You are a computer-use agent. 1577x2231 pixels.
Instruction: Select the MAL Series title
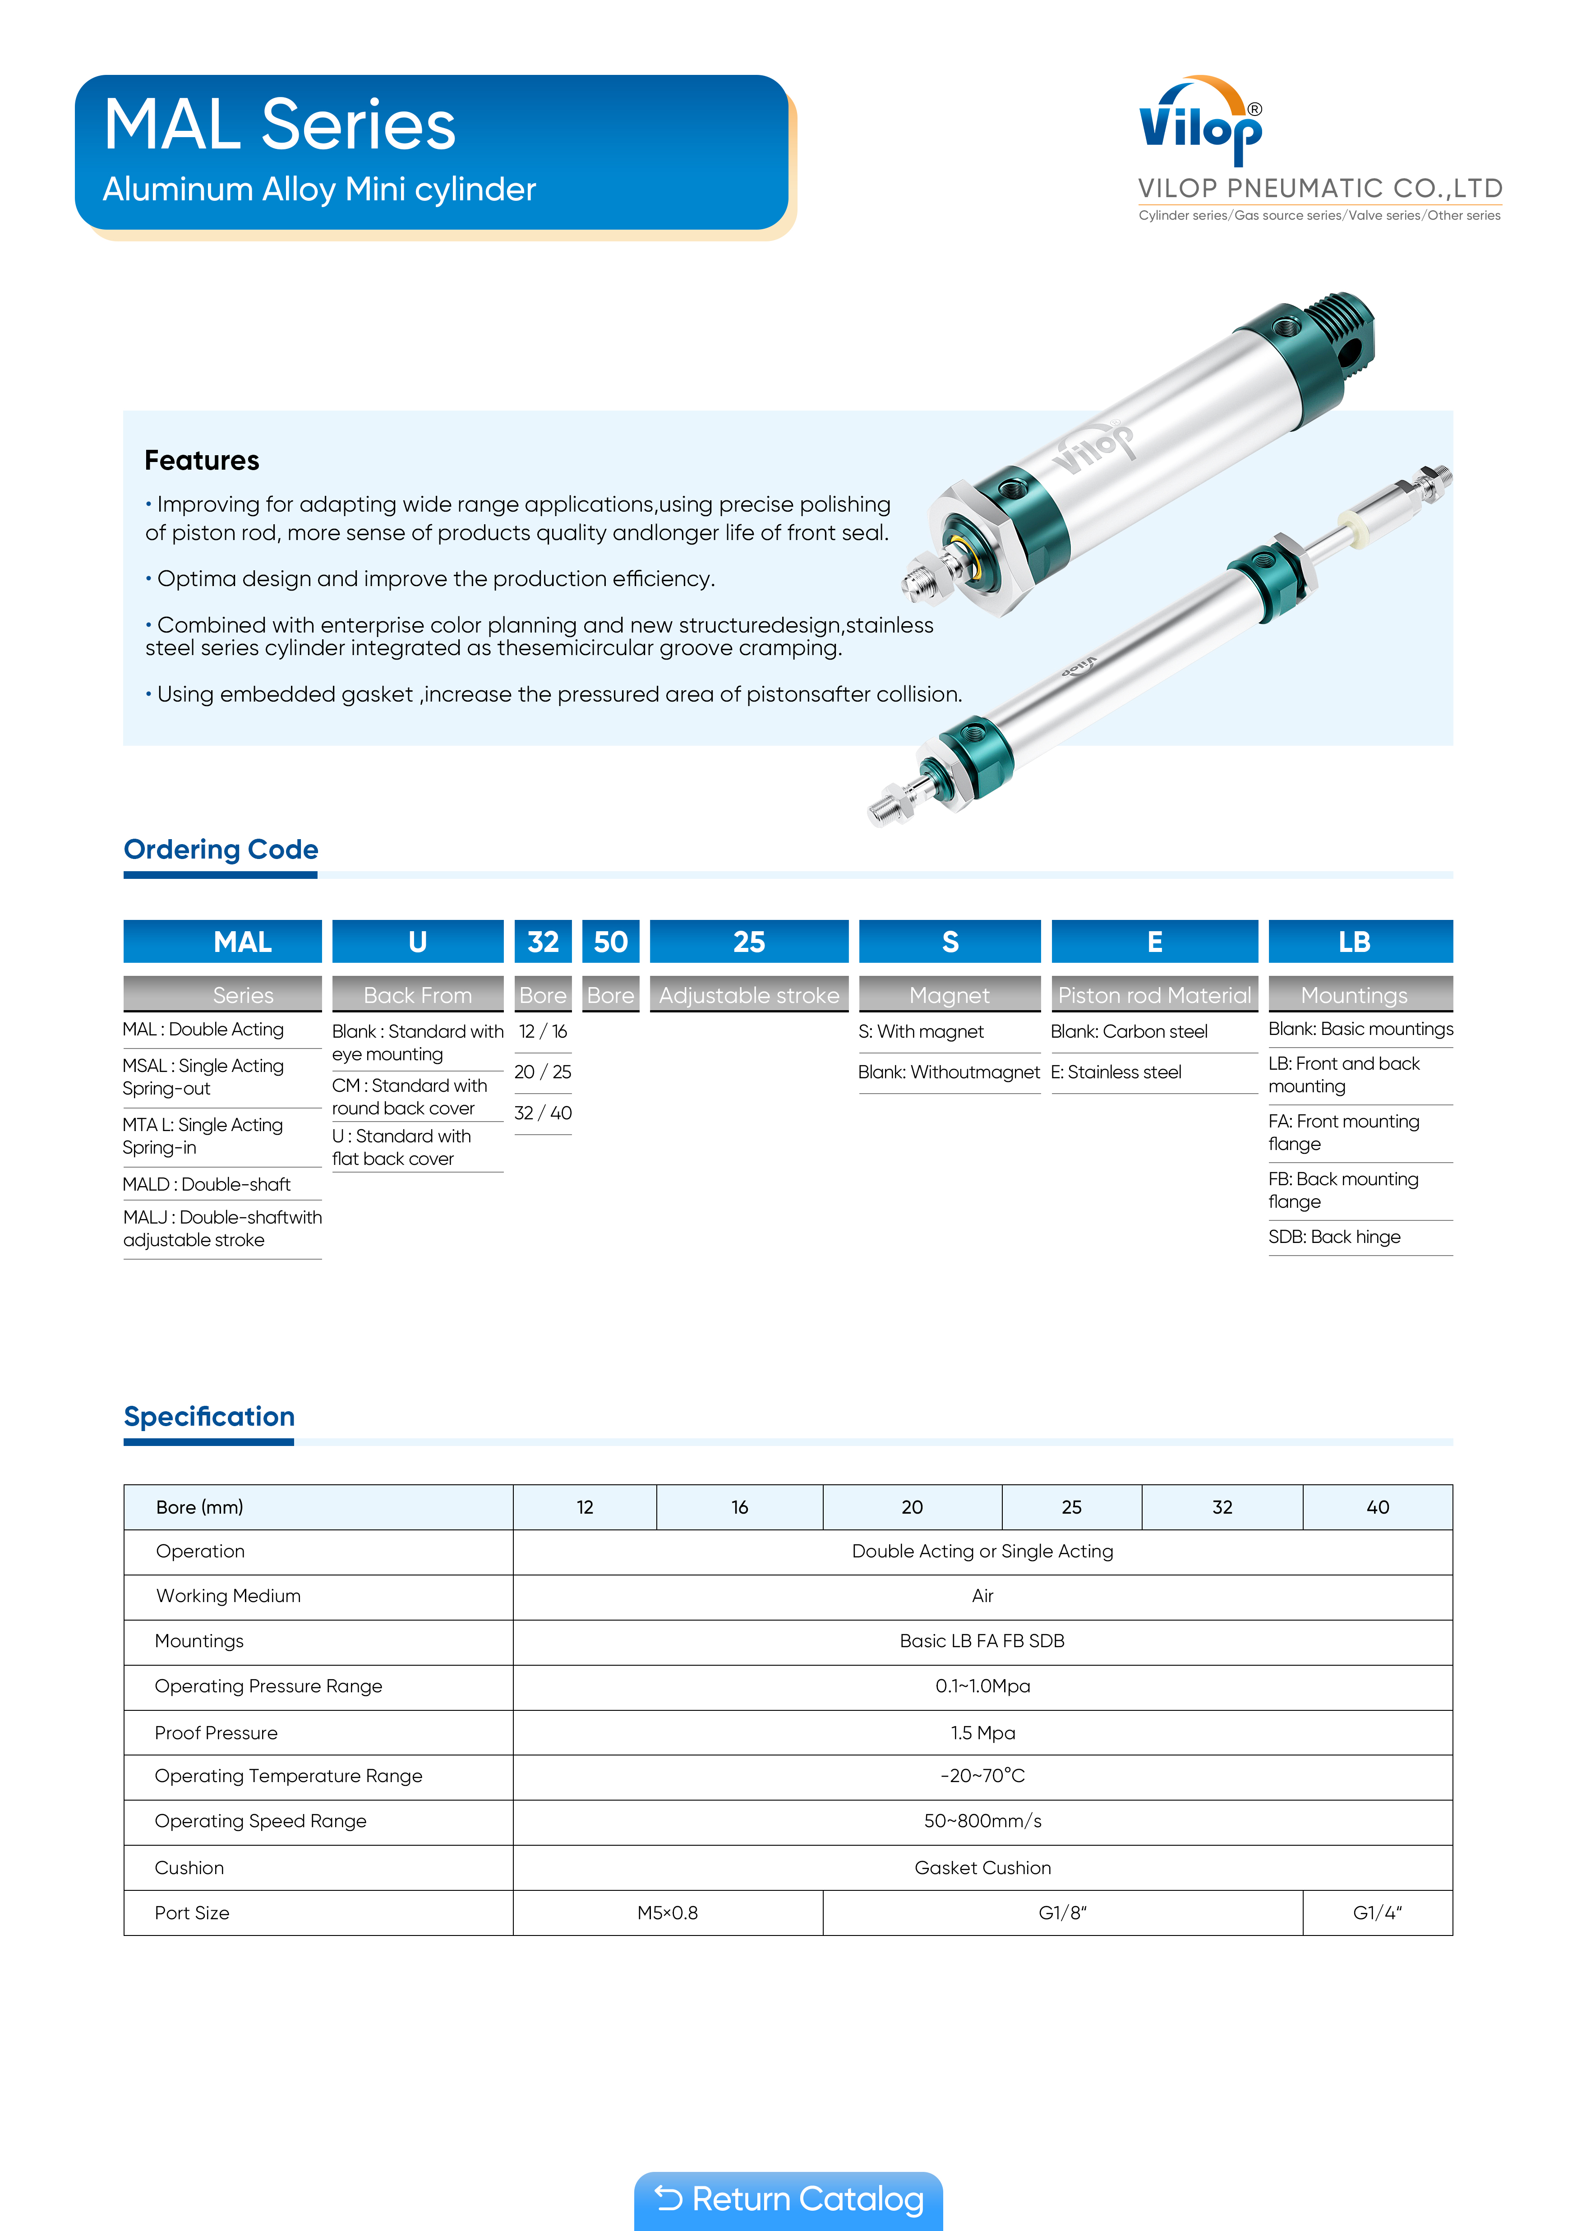(x=280, y=125)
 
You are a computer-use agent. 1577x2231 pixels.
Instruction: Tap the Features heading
(x=202, y=461)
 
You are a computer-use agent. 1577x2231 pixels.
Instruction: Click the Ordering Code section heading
(x=221, y=849)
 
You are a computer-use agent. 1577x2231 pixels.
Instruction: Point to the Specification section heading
(x=209, y=1417)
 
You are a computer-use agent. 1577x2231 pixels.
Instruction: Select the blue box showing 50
(x=610, y=942)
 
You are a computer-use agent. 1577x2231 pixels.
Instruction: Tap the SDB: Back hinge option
(x=1334, y=1237)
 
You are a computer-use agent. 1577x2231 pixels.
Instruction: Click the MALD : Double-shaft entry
(x=207, y=1184)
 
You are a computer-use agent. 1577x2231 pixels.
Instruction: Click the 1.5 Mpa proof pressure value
(x=982, y=1732)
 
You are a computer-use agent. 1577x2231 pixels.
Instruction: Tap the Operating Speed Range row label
(x=260, y=1821)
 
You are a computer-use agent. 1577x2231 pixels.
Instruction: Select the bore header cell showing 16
(x=739, y=1507)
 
